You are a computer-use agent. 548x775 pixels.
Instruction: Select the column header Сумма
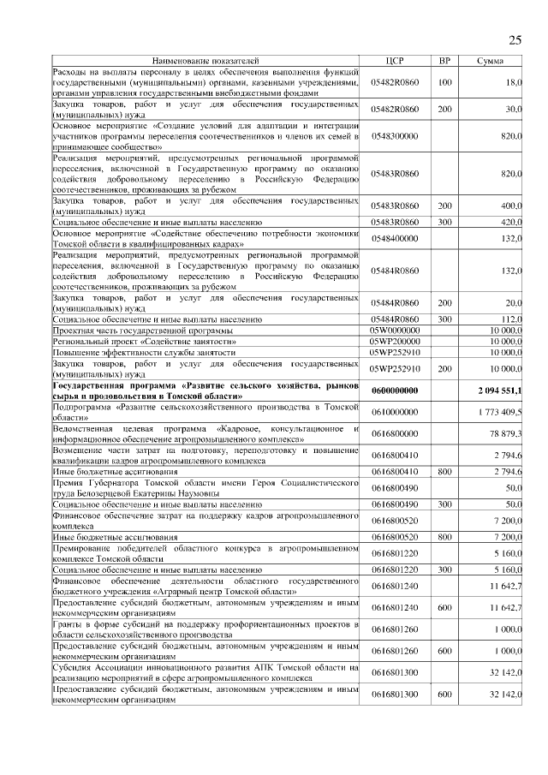click(x=490, y=62)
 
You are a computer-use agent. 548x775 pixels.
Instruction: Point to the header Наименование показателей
click(x=205, y=62)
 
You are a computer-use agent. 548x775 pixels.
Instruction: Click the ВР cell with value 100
click(x=444, y=83)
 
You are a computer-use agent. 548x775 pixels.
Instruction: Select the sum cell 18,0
click(x=513, y=83)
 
